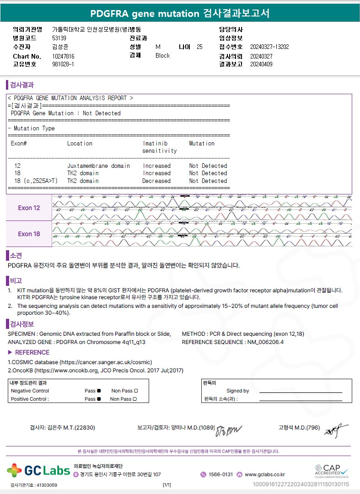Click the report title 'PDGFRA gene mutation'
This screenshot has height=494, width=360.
pos(145,13)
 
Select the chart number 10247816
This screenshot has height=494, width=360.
pos(64,56)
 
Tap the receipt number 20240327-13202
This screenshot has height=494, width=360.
pos(269,47)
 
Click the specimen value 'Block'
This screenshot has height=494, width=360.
pos(162,55)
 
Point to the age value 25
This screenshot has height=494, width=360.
pos(199,47)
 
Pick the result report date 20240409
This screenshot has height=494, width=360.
pos(261,64)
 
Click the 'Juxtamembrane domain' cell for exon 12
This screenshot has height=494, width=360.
pos(98,166)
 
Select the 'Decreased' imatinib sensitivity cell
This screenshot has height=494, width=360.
pos(156,181)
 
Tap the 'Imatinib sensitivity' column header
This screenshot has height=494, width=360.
pos(159,147)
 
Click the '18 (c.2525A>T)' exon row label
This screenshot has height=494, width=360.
pos(34,181)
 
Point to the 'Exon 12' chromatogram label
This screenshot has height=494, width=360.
pos(29,208)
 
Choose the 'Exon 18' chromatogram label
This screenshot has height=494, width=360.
pos(29,234)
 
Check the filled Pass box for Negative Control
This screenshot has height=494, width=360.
pos(99,391)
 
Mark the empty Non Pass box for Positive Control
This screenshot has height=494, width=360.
pos(135,399)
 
